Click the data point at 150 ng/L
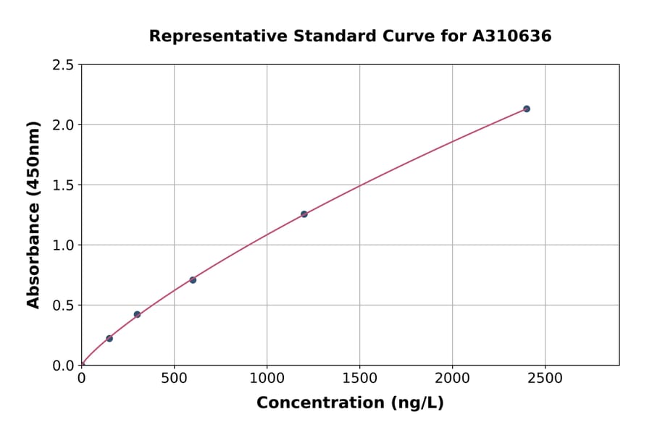[109, 338]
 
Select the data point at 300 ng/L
[137, 314]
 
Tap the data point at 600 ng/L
[193, 279]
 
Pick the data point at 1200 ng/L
[304, 214]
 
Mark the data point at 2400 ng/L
[527, 109]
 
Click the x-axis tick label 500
[174, 379]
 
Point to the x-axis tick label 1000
[267, 379]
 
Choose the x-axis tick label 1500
[359, 379]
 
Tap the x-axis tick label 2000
[453, 379]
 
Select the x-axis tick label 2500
[546, 379]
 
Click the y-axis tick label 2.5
[63, 65]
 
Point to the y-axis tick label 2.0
[63, 125]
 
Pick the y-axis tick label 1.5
[63, 185]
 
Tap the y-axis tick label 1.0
[63, 245]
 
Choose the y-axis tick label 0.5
[63, 305]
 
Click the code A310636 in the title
[512, 35]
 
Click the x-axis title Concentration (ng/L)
[350, 402]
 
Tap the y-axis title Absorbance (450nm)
[33, 214]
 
